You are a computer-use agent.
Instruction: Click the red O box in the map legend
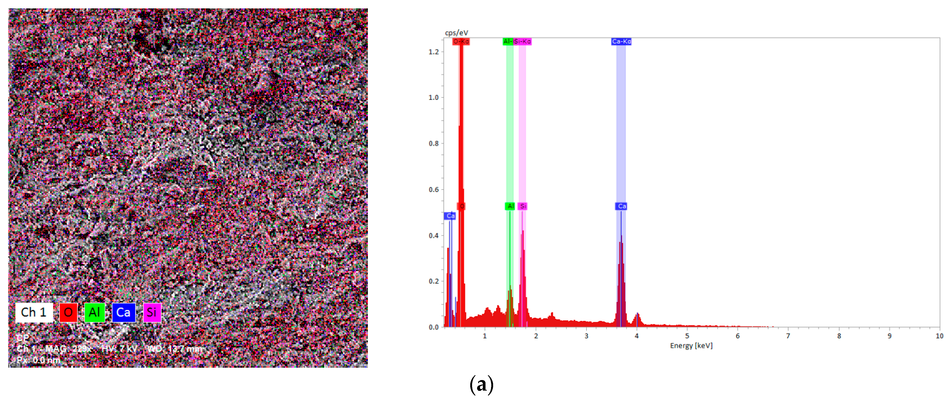[x=68, y=312]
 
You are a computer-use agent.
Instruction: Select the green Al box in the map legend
[x=94, y=312]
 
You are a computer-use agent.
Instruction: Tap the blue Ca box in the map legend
[x=123, y=312]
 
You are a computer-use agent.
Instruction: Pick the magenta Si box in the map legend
[x=152, y=312]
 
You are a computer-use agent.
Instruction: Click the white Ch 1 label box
[x=34, y=312]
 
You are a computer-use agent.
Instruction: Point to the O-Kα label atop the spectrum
[x=461, y=41]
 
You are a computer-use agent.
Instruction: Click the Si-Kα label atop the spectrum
[x=522, y=41]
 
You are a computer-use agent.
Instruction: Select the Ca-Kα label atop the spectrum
[x=621, y=41]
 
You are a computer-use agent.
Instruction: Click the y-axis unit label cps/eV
[x=456, y=33]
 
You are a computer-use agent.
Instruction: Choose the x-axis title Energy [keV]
[x=691, y=346]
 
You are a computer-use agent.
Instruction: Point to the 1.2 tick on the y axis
[x=434, y=52]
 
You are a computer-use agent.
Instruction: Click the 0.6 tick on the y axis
[x=434, y=190]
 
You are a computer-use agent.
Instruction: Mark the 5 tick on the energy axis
[x=687, y=336]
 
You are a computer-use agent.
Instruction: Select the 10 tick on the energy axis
[x=939, y=336]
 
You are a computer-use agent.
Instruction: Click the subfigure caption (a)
[x=481, y=385]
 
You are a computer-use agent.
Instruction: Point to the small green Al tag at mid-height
[x=510, y=206]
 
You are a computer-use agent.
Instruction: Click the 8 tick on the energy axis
[x=839, y=336]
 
